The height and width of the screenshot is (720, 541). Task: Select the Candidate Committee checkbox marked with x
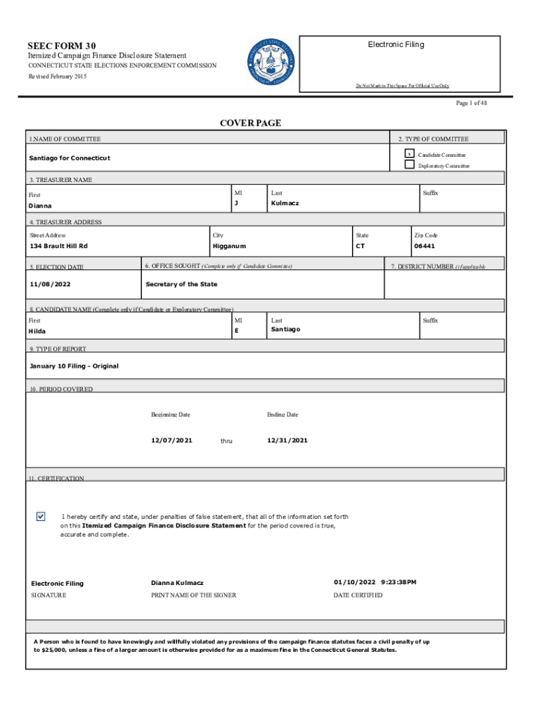click(x=409, y=153)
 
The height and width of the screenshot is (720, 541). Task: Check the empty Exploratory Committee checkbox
click(x=409, y=165)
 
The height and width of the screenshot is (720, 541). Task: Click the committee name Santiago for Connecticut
click(x=70, y=158)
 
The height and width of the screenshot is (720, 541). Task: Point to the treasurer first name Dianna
click(x=40, y=206)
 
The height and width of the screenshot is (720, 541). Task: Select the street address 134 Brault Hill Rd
click(x=58, y=246)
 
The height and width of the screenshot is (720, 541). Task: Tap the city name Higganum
click(x=229, y=246)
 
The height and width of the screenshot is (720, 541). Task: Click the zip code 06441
click(x=424, y=246)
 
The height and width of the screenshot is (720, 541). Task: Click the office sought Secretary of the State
click(x=181, y=284)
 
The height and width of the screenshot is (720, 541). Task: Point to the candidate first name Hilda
click(x=38, y=330)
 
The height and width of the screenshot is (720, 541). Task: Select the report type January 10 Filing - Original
click(x=74, y=366)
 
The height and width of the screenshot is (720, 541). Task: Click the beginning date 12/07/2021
click(x=171, y=440)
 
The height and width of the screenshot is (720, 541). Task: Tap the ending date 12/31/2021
click(x=287, y=440)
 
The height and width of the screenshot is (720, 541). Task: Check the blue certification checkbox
click(x=41, y=517)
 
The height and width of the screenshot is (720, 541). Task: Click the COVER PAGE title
click(x=250, y=123)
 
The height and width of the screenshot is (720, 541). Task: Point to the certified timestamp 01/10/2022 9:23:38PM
click(x=374, y=582)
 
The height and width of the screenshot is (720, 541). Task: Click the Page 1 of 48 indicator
click(x=471, y=103)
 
